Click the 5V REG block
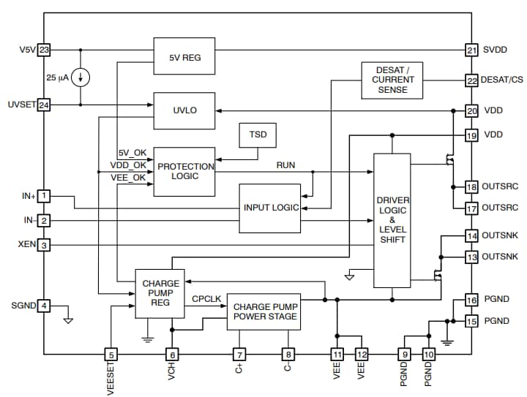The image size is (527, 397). tap(184, 56)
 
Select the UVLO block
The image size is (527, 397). tap(184, 110)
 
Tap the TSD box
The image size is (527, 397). tap(258, 136)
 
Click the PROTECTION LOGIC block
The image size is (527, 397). tap(184, 171)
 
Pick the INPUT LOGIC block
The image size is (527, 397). tap(270, 208)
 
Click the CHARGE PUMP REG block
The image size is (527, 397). tap(160, 293)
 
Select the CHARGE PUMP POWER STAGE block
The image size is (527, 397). tap(263, 311)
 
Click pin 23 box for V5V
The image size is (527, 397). tap(44, 50)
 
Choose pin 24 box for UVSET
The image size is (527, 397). tap(44, 105)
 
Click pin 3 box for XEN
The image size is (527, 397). tap(44, 245)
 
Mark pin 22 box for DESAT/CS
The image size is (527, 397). tap(471, 79)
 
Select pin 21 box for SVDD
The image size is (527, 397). tap(471, 50)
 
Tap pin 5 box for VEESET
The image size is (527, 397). tap(111, 355)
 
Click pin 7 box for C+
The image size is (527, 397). tap(239, 355)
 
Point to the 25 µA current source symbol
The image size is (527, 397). tap(80, 77)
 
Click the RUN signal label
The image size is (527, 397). tap(285, 165)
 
